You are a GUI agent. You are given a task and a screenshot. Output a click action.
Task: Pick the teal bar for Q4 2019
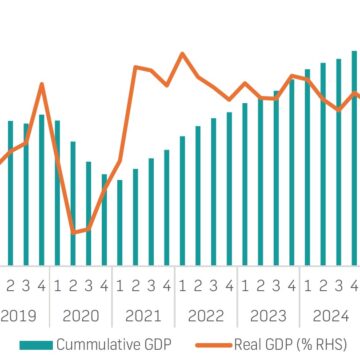pyautogui.click(x=42, y=189)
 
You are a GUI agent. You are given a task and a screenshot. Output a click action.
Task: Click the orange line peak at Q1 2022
pyautogui.click(x=182, y=54)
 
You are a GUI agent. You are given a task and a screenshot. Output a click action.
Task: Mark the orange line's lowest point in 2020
pyautogui.click(x=73, y=232)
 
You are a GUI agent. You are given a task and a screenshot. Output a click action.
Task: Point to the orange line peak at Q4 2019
pyautogui.click(x=42, y=84)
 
